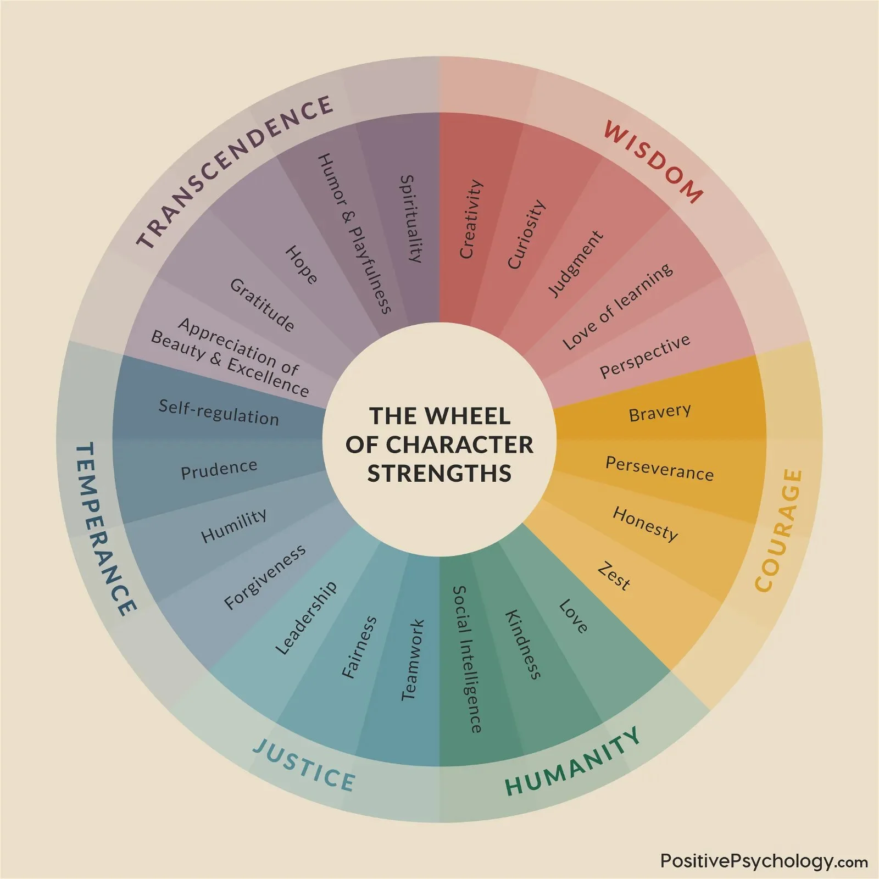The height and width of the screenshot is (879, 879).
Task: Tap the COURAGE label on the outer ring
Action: (x=779, y=530)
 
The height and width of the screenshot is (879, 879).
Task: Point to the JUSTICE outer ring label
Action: (x=304, y=765)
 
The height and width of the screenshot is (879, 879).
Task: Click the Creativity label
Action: (x=471, y=219)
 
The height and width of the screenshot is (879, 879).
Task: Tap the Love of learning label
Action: (x=617, y=306)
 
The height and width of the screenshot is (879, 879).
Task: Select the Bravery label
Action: (x=660, y=413)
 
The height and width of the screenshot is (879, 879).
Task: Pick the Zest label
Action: (x=614, y=576)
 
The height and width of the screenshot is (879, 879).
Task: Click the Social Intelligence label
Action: (x=468, y=659)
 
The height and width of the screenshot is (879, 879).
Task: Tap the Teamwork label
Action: (x=413, y=660)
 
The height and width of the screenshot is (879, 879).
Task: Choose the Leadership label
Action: (x=306, y=619)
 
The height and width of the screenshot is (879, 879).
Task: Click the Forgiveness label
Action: (x=265, y=577)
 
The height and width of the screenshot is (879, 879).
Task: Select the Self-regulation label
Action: (x=219, y=413)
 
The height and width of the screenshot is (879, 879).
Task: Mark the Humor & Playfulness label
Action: (x=354, y=233)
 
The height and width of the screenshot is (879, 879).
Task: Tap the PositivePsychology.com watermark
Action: (x=764, y=860)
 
